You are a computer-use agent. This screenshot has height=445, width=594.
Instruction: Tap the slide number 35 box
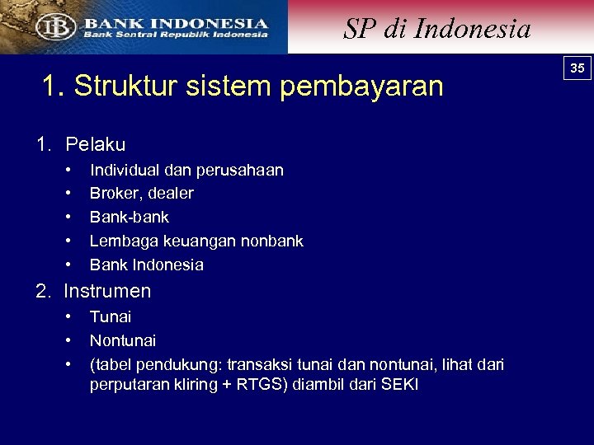[577, 68]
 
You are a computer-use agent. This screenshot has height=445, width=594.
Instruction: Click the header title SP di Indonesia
[436, 29]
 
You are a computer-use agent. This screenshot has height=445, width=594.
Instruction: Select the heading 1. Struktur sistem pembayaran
[243, 86]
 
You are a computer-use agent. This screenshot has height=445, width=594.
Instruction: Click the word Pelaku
[96, 145]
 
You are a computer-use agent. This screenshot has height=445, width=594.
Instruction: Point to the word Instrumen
[107, 291]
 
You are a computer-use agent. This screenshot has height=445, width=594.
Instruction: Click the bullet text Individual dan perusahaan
[186, 171]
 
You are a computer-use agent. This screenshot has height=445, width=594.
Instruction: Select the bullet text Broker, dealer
[142, 194]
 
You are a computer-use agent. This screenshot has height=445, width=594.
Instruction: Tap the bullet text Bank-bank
[130, 218]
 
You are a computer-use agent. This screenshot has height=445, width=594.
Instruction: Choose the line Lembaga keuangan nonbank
[196, 241]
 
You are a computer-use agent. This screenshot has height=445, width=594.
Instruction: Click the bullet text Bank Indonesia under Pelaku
[147, 265]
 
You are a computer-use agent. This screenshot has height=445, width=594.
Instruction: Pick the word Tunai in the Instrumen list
[111, 317]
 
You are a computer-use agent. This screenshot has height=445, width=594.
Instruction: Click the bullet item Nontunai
[123, 341]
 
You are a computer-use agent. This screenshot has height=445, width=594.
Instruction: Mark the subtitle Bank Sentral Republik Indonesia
[175, 35]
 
